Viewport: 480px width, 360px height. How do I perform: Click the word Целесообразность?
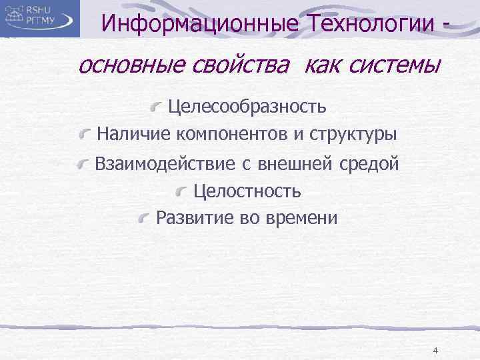[x=247, y=106]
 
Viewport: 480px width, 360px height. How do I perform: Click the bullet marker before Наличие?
[x=84, y=135]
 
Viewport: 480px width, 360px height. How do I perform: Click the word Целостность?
[x=247, y=192]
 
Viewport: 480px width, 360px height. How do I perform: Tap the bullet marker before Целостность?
[x=181, y=193]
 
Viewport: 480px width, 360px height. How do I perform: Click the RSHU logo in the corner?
[x=40, y=18]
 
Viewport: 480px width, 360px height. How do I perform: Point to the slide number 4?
[x=435, y=351]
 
